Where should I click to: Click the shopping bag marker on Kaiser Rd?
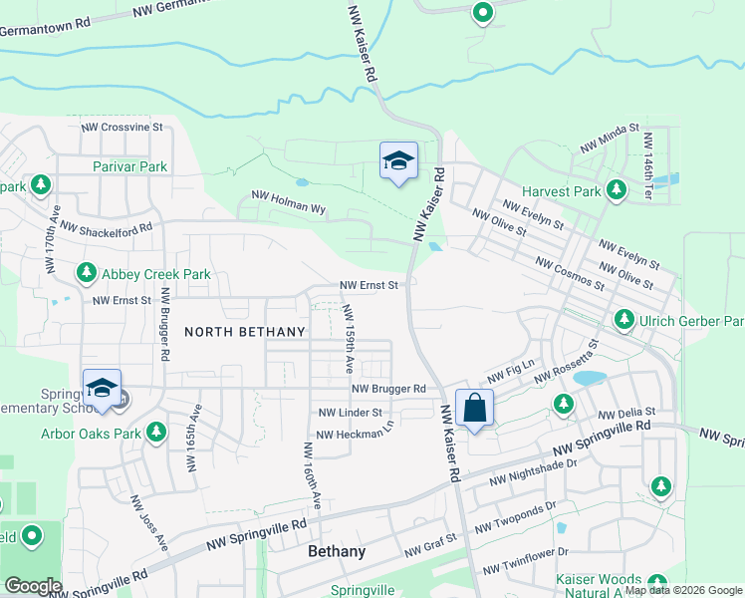[475, 409]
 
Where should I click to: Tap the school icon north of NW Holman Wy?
[397, 161]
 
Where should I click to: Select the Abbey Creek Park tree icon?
[87, 272]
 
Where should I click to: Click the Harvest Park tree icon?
[617, 189]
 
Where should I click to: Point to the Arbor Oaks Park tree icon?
[155, 433]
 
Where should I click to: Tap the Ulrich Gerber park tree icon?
[624, 320]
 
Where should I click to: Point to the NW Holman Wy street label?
[289, 202]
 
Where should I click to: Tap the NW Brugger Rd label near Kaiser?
[388, 389]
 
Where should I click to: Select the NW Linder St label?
[350, 412]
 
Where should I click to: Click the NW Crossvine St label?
[122, 128]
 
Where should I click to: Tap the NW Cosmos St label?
[569, 273]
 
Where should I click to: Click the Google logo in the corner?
[34, 586]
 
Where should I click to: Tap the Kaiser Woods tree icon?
[656, 582]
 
